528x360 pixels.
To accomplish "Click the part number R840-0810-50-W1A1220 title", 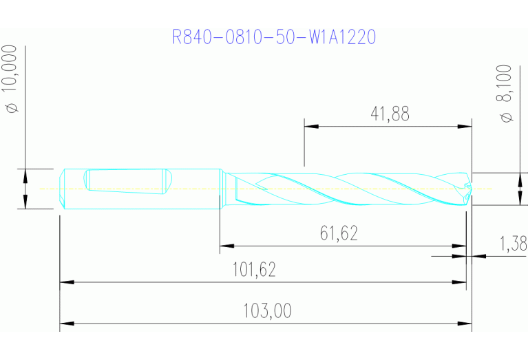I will pyautogui.click(x=273, y=36).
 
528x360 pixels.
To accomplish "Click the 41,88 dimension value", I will pyautogui.click(x=390, y=114).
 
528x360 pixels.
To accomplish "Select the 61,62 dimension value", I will pyautogui.click(x=339, y=233).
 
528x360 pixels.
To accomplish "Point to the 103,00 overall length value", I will pyautogui.click(x=267, y=311).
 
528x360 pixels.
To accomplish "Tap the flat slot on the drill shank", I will pyautogui.click(x=127, y=180).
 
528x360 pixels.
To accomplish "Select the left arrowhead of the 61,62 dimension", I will pyautogui.click(x=226, y=245).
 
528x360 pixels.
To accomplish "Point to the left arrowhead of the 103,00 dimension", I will pyautogui.click(x=67, y=323).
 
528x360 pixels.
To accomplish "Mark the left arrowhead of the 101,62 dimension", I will pyautogui.click(x=67, y=282).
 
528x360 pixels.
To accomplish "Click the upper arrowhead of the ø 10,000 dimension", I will pyautogui.click(x=25, y=175).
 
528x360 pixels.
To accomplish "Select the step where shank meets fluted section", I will pyautogui.click(x=220, y=189).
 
